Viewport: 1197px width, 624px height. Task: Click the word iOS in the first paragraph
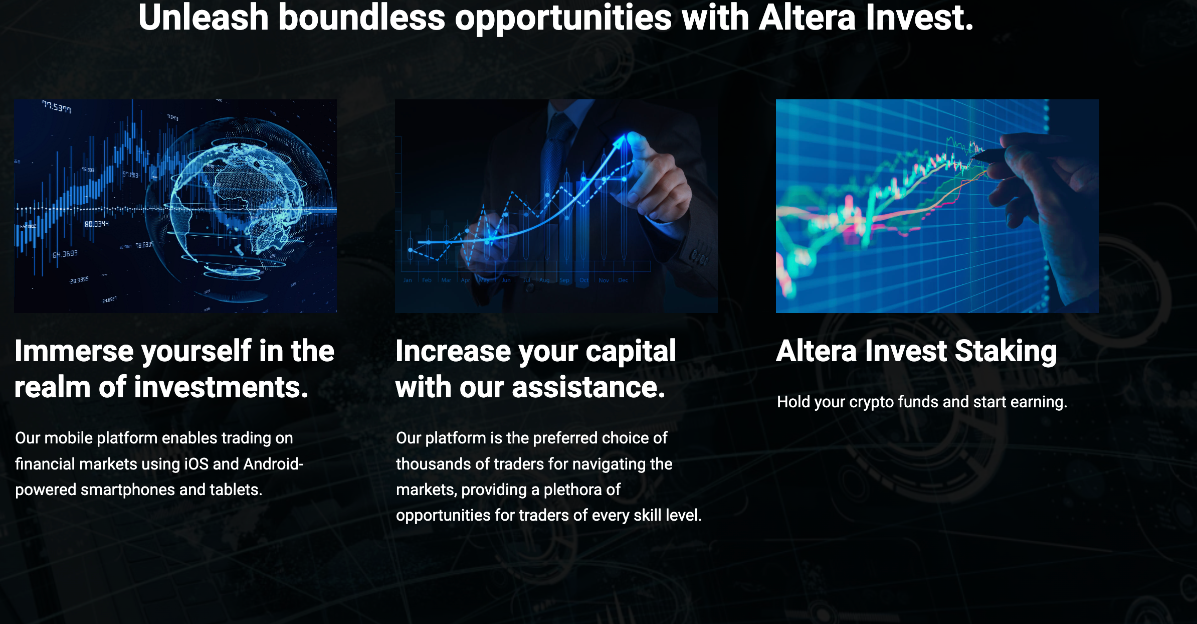[196, 463]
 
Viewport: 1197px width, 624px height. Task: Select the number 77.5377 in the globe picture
[57, 107]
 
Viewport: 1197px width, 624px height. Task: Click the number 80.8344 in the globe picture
[96, 224]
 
